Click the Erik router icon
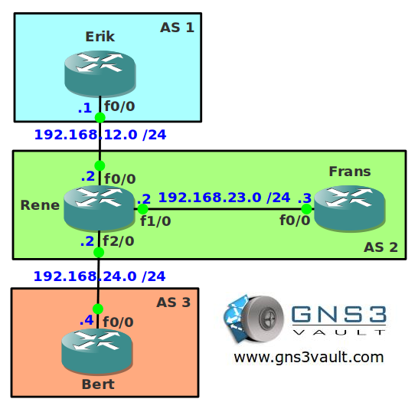(x=100, y=74)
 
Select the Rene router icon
(x=100, y=208)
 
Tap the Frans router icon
(x=350, y=208)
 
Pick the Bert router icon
(x=97, y=351)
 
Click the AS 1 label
(x=177, y=28)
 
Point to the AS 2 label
(x=380, y=247)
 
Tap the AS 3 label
(x=174, y=302)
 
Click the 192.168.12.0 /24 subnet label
(x=100, y=135)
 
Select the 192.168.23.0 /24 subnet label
(x=224, y=198)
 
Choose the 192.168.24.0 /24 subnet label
(x=100, y=276)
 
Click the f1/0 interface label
(x=155, y=221)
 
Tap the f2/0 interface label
(x=119, y=241)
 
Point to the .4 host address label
(x=87, y=320)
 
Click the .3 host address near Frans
(x=305, y=198)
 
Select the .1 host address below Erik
(x=85, y=108)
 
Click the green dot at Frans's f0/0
(x=306, y=209)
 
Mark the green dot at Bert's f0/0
(x=98, y=309)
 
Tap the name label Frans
(x=350, y=172)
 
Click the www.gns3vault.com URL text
(x=309, y=358)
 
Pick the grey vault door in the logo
(x=263, y=319)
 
